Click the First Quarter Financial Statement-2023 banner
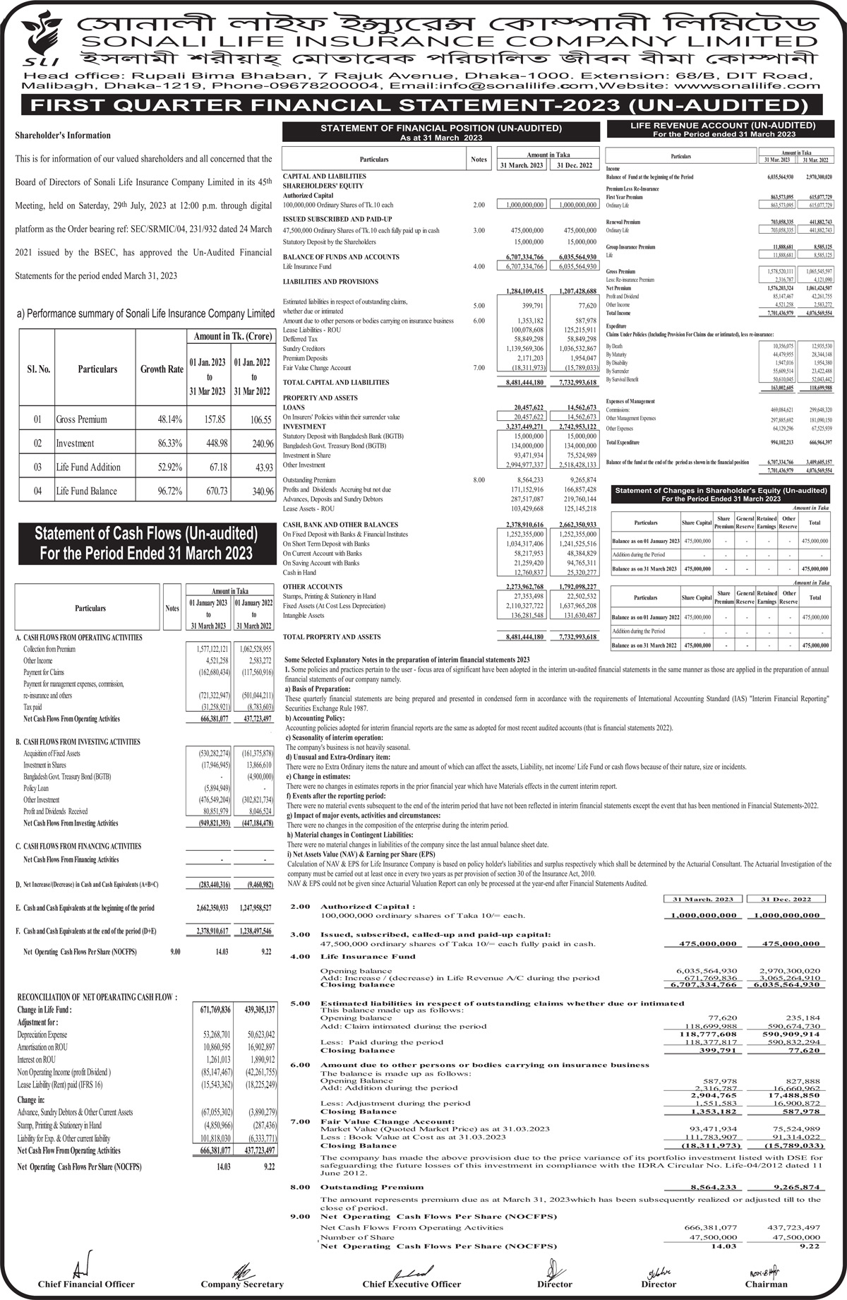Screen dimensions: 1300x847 coord(423,106)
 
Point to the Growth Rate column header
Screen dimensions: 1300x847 coord(162,369)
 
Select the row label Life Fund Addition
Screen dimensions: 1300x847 coord(88,467)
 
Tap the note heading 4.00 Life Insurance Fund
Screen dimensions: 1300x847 coord(368,957)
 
